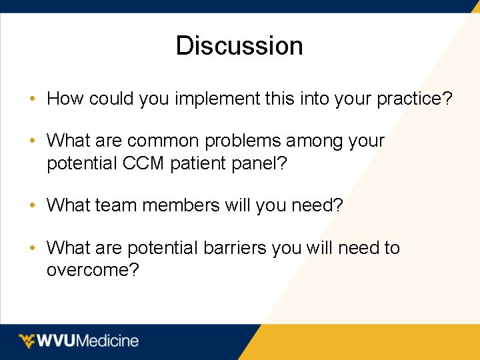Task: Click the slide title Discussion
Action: click(239, 45)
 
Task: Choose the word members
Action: click(177, 205)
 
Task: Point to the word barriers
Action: click(234, 248)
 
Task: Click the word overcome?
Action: click(93, 270)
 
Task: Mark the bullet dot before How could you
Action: click(33, 100)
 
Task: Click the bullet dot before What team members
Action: click(33, 206)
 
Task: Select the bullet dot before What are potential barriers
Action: click(33, 249)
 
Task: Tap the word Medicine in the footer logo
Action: click(109, 341)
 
